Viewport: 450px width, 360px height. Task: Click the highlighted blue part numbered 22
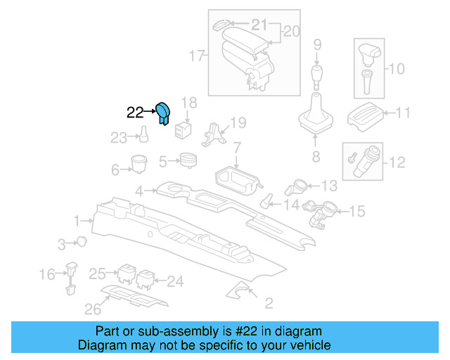coord(163,112)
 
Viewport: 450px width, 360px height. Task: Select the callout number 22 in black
coord(134,112)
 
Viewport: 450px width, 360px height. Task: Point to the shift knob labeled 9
coord(316,74)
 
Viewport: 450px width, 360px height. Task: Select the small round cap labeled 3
coord(82,243)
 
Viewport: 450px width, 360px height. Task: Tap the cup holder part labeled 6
coord(138,163)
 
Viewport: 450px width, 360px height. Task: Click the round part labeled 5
coord(187,161)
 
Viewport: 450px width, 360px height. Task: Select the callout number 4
coord(140,191)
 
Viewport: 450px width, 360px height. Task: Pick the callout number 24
coord(175,281)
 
